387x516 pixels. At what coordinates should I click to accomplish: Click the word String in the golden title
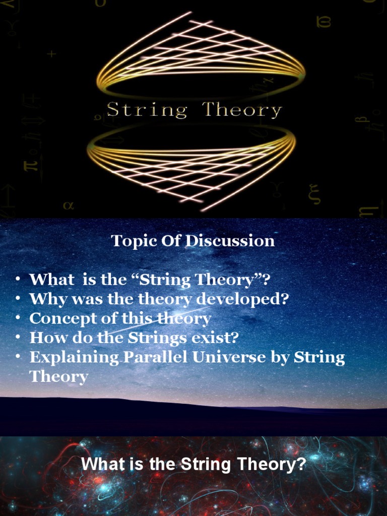(x=147, y=110)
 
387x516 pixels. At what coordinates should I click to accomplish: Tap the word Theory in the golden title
(x=242, y=110)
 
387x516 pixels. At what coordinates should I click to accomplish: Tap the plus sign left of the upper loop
(x=51, y=53)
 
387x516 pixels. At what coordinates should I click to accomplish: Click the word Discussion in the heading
(x=230, y=241)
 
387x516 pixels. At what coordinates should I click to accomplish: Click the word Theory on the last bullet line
(x=58, y=376)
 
